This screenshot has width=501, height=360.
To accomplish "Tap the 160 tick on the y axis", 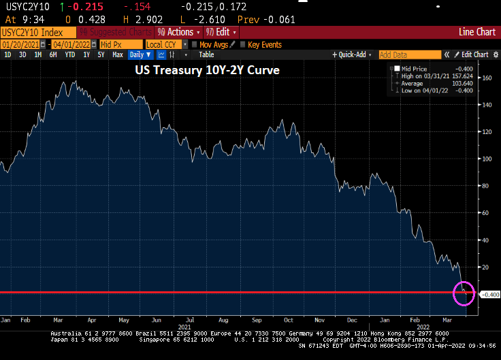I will point(487,78).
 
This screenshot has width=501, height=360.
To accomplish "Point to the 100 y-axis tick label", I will point(487,159).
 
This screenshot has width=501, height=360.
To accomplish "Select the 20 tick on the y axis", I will point(486,267).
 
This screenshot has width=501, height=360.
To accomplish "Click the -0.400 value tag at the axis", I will point(490,295).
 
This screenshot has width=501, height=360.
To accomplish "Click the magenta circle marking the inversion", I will point(464,294).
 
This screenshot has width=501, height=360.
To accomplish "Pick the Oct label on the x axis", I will point(289,318).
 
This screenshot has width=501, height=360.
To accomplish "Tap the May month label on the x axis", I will point(123,318).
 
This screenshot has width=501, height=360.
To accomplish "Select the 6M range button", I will point(52,54).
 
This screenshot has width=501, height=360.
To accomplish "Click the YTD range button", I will point(69,54).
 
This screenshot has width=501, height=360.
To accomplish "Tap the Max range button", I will point(118,54).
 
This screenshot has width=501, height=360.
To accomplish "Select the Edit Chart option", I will point(474,54).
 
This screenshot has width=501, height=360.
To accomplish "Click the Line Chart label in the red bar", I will point(476,32).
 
